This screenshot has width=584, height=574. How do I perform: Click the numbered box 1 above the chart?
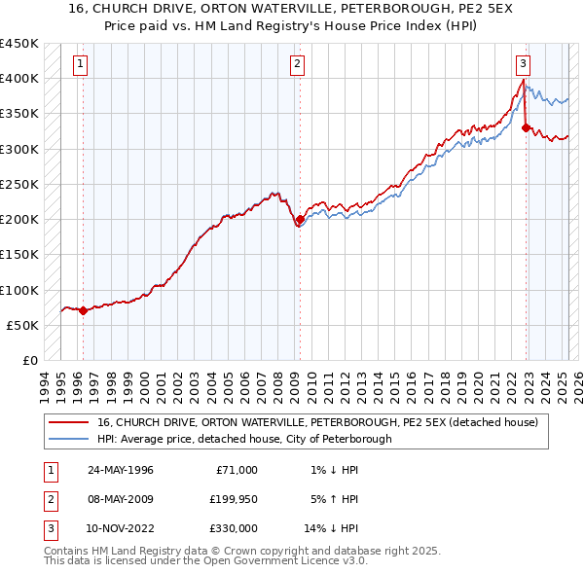tap(79, 65)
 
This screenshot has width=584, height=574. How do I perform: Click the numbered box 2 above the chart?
tap(296, 65)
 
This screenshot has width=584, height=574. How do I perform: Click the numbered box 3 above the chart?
tap(523, 65)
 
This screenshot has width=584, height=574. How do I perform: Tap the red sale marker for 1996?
tap(83, 311)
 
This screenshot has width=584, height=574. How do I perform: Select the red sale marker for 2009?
tap(300, 220)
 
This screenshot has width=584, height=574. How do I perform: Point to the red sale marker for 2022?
tap(527, 127)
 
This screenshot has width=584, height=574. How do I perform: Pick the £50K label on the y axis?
tap(22, 325)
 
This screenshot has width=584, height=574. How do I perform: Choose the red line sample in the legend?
tap(67, 422)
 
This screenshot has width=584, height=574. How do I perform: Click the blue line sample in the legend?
tap(67, 439)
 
